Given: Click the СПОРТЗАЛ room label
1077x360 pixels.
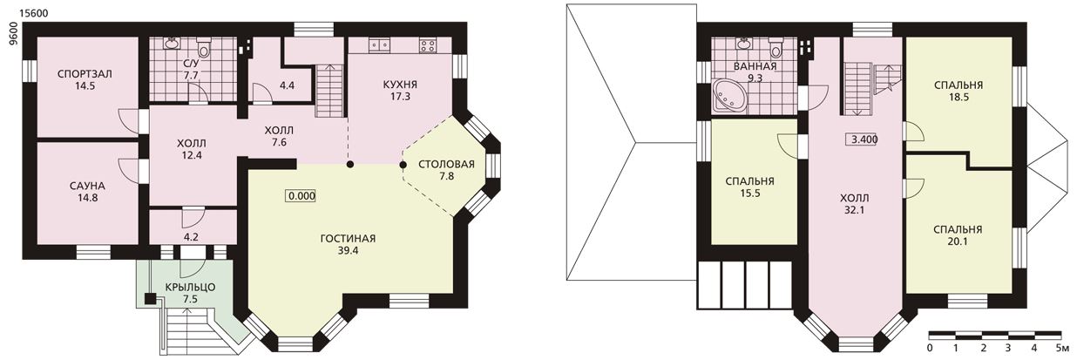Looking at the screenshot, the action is click(x=85, y=74).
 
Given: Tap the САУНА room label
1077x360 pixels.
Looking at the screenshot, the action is click(x=87, y=186).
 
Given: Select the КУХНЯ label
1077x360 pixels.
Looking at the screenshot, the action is click(x=400, y=85).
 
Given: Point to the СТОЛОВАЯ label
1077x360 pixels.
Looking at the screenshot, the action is click(x=446, y=164).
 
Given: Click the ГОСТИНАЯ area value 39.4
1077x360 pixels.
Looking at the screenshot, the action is click(x=348, y=251).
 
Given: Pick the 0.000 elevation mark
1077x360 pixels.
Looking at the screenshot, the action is click(x=301, y=196).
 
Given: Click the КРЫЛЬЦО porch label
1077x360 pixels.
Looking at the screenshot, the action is click(x=191, y=288).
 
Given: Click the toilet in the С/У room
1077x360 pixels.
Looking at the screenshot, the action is click(x=204, y=48).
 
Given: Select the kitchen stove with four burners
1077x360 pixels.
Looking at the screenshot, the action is click(x=428, y=45).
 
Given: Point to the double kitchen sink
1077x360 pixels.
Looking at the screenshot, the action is click(x=379, y=45).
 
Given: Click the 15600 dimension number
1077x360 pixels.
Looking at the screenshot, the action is click(x=33, y=13).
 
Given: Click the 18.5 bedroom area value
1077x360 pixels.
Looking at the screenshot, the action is click(x=958, y=97).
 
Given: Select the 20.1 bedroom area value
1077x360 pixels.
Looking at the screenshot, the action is click(x=958, y=241).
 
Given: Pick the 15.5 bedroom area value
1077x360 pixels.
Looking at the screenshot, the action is click(x=750, y=194).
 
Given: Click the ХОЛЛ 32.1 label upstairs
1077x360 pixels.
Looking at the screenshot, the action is click(x=855, y=204).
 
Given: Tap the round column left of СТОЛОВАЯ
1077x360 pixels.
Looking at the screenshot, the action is click(x=403, y=165).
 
